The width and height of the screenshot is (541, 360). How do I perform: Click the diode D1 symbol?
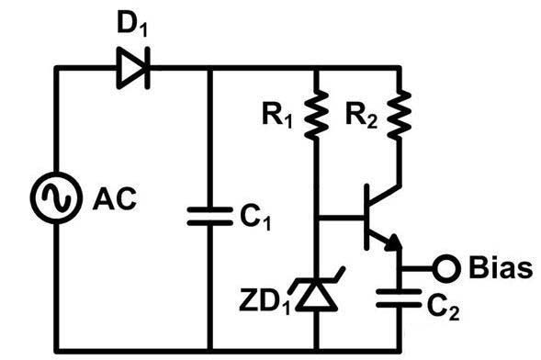[134, 68]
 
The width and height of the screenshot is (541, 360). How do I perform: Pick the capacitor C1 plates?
[210, 216]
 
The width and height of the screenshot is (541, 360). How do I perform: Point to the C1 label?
[260, 219]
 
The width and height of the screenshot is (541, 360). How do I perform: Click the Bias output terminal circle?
[445, 269]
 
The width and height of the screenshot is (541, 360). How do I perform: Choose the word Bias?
[498, 269]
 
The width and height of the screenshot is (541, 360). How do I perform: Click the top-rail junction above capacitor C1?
[210, 68]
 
